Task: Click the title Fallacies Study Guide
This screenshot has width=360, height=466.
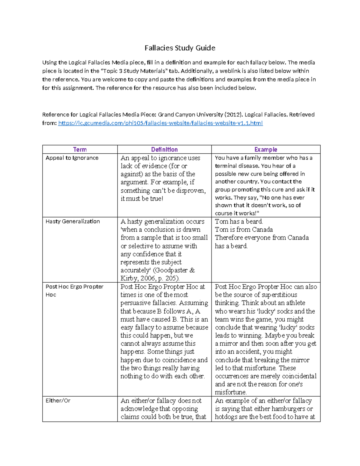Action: pos(180,48)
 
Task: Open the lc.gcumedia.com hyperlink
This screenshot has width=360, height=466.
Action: pos(160,123)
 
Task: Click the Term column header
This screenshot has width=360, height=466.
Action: pos(80,149)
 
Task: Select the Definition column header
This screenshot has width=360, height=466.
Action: pos(164,149)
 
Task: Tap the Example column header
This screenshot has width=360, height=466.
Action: pos(265,149)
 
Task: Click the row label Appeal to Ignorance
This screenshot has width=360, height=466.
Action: pos(72,158)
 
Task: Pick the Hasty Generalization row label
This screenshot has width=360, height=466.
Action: pos(73,221)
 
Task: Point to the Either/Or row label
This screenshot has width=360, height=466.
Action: pos(58,401)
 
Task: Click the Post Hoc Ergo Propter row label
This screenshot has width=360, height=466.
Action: pos(74,287)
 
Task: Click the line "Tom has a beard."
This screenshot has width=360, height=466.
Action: pos(239,221)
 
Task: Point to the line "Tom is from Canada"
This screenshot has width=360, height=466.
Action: pos(244,230)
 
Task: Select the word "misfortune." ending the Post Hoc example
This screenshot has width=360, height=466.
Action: pos(231,392)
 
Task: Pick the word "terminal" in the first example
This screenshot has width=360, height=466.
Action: pos(226,166)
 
